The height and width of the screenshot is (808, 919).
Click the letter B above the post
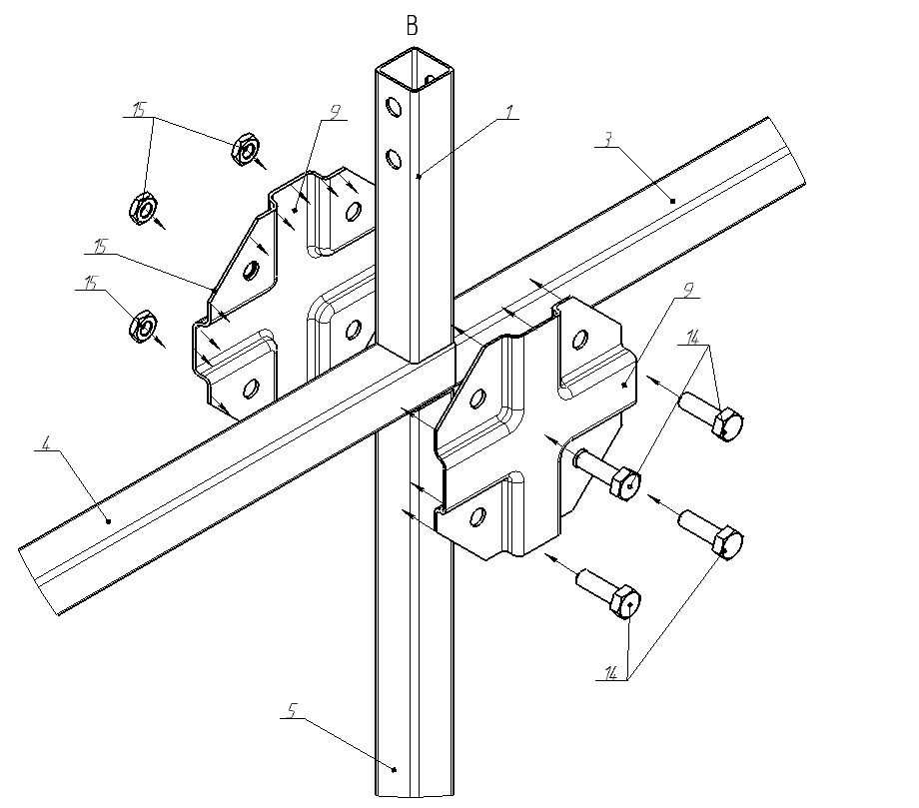coord(412,26)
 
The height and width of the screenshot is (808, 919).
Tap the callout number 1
coord(509,111)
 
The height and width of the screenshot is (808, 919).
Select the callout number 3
coord(608,140)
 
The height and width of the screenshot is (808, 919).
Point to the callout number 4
coord(46,443)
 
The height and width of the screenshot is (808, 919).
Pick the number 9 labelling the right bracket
coord(688,290)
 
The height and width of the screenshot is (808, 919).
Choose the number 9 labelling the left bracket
coord(335,112)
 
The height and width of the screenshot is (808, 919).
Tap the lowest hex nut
coord(143,327)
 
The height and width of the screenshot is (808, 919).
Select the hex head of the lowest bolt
coord(626,601)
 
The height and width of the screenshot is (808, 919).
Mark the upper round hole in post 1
coord(393,107)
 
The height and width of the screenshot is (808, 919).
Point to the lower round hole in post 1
coord(394,158)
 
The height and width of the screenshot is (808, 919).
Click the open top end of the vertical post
coord(415,71)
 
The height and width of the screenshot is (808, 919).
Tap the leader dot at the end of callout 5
coord(395,769)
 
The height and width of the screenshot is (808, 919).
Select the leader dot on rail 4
coord(109,520)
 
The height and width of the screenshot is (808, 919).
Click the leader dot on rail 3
coord(673,201)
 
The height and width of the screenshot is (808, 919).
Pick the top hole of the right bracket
coord(580,339)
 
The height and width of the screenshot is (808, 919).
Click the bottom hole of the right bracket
coord(478,515)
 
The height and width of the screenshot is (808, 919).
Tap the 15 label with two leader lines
coord(139,110)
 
